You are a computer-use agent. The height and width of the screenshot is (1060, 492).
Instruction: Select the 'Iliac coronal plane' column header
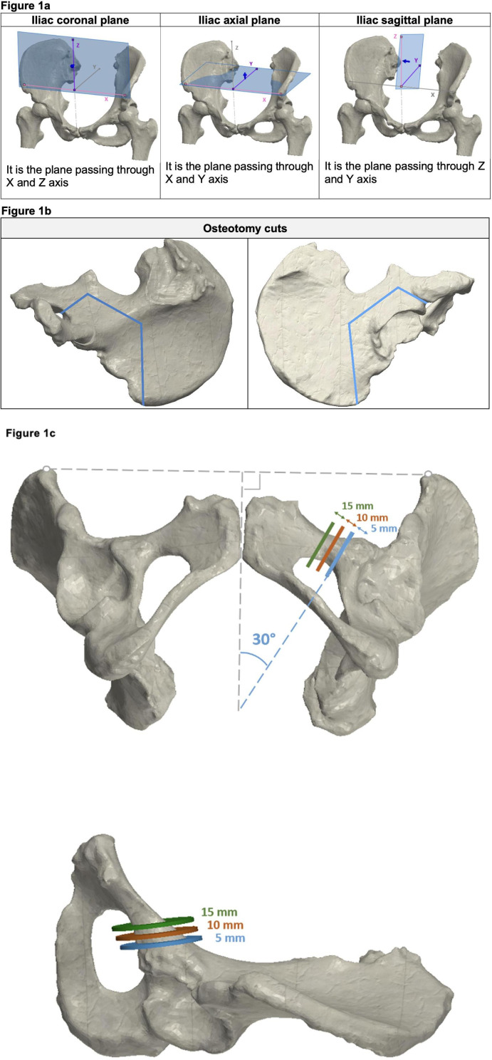[80, 20]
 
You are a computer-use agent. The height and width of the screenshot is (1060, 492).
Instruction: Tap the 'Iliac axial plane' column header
[240, 20]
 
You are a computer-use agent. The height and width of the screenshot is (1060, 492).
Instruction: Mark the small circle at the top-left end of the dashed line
[46, 469]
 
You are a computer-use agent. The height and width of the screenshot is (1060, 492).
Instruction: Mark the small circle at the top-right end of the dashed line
[428, 474]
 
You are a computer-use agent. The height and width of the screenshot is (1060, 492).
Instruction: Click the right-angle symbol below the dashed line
[251, 482]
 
